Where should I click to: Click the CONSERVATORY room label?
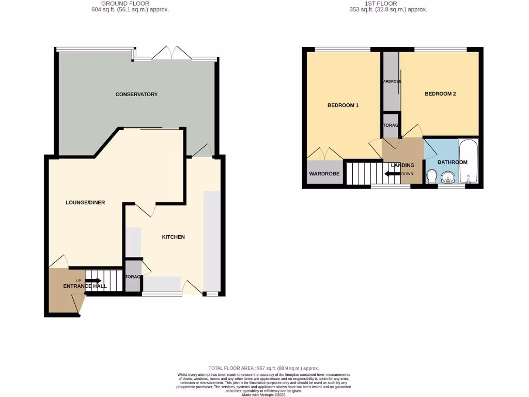pyautogui.click(x=136, y=94)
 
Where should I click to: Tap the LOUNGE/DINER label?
pyautogui.click(x=85, y=203)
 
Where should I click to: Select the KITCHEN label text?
pyautogui.click(x=173, y=237)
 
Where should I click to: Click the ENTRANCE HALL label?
pyautogui.click(x=85, y=286)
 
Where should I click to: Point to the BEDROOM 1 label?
pyautogui.click(x=343, y=105)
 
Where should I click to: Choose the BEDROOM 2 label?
pyautogui.click(x=440, y=94)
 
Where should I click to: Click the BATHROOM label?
pyautogui.click(x=452, y=162)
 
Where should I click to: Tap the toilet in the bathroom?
pyautogui.click(x=432, y=178)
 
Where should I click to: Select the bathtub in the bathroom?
pyautogui.click(x=469, y=162)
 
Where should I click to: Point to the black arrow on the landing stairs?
pyautogui.click(x=392, y=174)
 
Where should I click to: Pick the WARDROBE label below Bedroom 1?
pyautogui.click(x=324, y=174)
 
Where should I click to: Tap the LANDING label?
pyautogui.click(x=402, y=165)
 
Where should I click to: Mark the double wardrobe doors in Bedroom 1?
pyautogui.click(x=324, y=154)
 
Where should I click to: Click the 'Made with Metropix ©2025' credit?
pyautogui.click(x=264, y=394)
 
